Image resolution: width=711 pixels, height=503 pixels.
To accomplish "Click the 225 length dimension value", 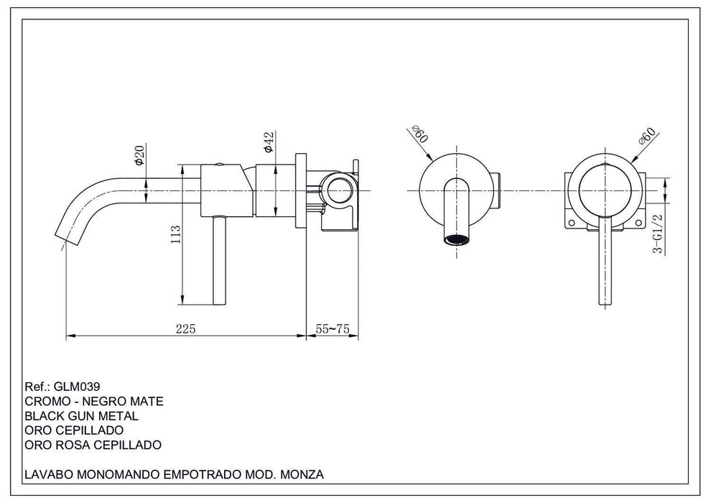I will click(185, 328).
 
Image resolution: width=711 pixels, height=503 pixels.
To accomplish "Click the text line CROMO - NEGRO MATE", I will click(93, 401).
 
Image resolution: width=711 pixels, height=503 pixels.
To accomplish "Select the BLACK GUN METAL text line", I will click(81, 415).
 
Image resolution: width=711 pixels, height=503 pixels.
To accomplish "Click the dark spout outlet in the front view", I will click(457, 240).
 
